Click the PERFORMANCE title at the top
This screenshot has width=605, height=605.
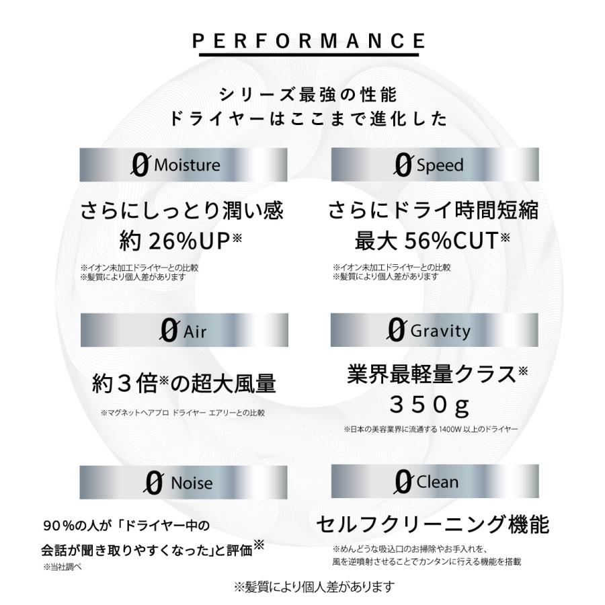[x=309, y=41]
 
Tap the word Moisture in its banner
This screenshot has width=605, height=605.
[x=187, y=165]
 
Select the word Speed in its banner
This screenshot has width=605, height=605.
[x=440, y=165]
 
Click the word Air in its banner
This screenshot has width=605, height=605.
[x=195, y=331]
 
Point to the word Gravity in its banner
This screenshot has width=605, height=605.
[x=440, y=331]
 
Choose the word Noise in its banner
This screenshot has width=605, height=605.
[x=192, y=483]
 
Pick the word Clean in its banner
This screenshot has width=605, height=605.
[x=437, y=482]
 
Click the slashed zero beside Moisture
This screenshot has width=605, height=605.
[x=140, y=165]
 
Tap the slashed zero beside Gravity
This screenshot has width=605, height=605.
[x=396, y=330]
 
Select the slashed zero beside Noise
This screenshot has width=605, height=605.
[x=154, y=483]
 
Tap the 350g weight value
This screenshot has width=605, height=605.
[x=430, y=405]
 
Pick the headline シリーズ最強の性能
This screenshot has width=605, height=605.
[x=309, y=95]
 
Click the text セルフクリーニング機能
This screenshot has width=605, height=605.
[x=432, y=525]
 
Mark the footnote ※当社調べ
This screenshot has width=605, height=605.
[x=63, y=567]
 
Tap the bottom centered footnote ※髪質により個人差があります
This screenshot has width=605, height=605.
[x=314, y=587]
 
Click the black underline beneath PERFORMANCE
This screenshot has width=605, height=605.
[x=309, y=54]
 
